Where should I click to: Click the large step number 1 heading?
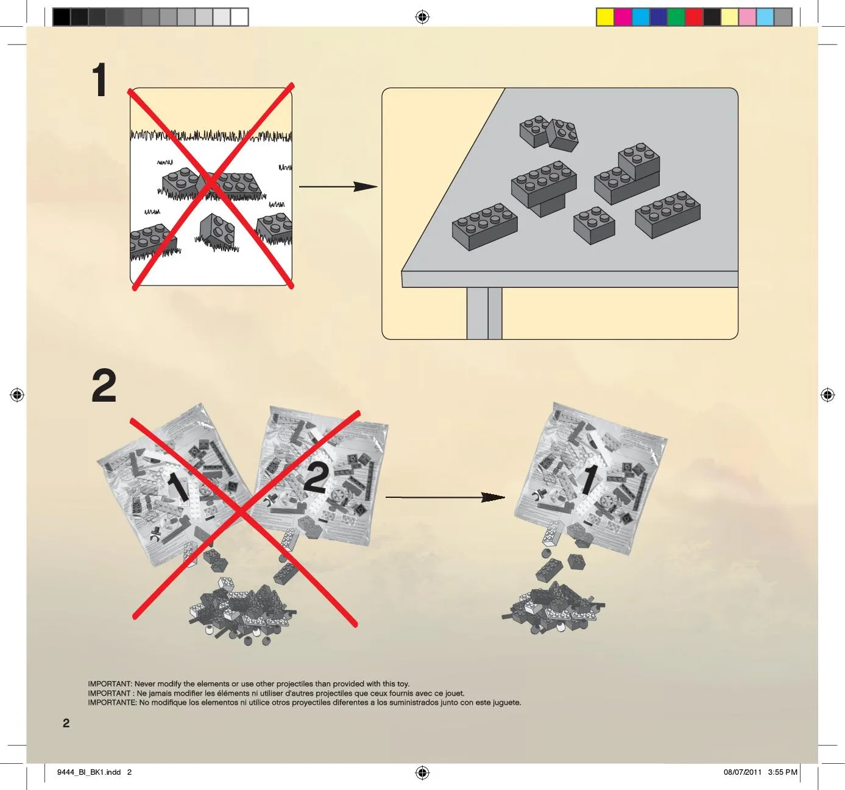click(99, 80)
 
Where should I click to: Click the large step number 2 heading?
click(104, 386)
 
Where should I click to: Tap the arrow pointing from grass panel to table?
click(338, 186)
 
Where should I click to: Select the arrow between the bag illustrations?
click(445, 497)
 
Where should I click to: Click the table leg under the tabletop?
click(484, 313)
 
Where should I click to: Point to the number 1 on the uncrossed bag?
click(590, 480)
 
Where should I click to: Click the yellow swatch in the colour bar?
click(605, 18)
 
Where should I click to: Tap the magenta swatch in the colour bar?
click(623, 18)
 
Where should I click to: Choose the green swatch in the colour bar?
click(676, 18)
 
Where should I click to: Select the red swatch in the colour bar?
click(694, 18)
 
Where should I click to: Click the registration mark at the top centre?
click(422, 17)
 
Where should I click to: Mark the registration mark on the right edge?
click(827, 395)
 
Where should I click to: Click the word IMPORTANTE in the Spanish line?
click(112, 702)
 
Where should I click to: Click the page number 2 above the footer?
click(66, 723)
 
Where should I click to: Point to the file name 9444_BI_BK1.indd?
click(89, 772)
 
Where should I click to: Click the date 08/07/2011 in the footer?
click(743, 772)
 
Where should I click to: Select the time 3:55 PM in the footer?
click(782, 772)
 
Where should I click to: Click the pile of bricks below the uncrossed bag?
click(553, 609)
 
